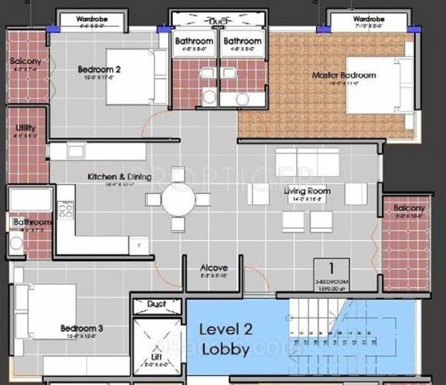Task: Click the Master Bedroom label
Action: (343, 75)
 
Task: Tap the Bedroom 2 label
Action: (99, 71)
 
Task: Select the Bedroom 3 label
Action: (82, 328)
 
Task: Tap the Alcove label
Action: (214, 268)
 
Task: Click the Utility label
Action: (25, 128)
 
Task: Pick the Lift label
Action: (157, 355)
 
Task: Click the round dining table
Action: (181, 198)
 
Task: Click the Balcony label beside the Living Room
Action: (408, 209)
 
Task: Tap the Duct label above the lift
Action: (156, 305)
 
